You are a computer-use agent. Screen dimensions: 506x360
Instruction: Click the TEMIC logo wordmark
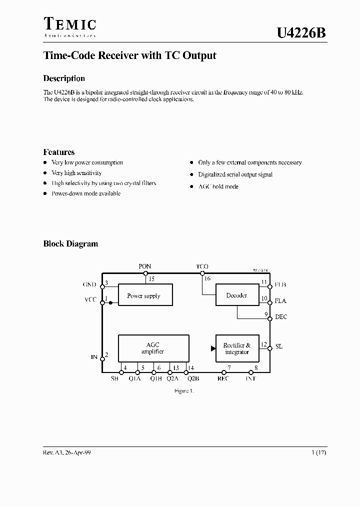[69, 24]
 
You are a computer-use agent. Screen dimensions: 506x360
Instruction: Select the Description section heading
[64, 78]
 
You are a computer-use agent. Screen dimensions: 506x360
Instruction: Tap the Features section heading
[59, 152]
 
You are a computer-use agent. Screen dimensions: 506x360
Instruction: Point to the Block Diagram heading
[70, 244]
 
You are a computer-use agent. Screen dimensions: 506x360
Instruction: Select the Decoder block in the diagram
[237, 295]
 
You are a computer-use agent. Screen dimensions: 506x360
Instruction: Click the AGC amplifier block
[153, 348]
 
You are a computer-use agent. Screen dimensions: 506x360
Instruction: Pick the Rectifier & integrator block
[237, 348]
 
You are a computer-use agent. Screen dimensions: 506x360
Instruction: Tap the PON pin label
[145, 266]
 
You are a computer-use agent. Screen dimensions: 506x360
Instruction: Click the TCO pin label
[202, 266]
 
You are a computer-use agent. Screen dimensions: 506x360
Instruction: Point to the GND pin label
[89, 284]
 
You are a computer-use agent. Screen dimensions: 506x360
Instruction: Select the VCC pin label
[90, 300]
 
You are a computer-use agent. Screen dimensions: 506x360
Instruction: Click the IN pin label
[94, 357]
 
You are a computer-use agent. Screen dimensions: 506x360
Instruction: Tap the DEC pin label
[281, 317]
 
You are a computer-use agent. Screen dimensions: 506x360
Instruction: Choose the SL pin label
[279, 346]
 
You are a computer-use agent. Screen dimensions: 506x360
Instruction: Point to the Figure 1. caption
[183, 390]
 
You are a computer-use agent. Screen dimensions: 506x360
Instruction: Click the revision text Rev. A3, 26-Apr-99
[67, 452]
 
